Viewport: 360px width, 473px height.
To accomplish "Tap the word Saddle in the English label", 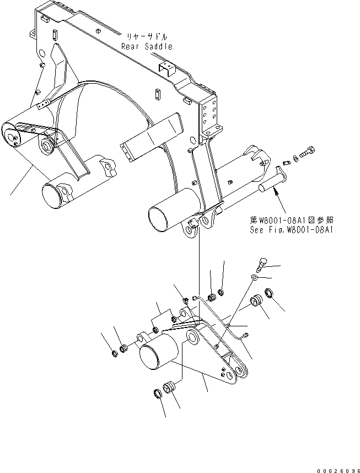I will pos(158,47).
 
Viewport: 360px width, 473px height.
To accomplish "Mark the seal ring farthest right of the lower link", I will pos(270,293).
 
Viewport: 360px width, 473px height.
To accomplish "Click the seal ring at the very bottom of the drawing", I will pos(157,393).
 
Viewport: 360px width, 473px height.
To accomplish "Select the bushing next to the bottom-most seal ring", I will pos(169,388).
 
